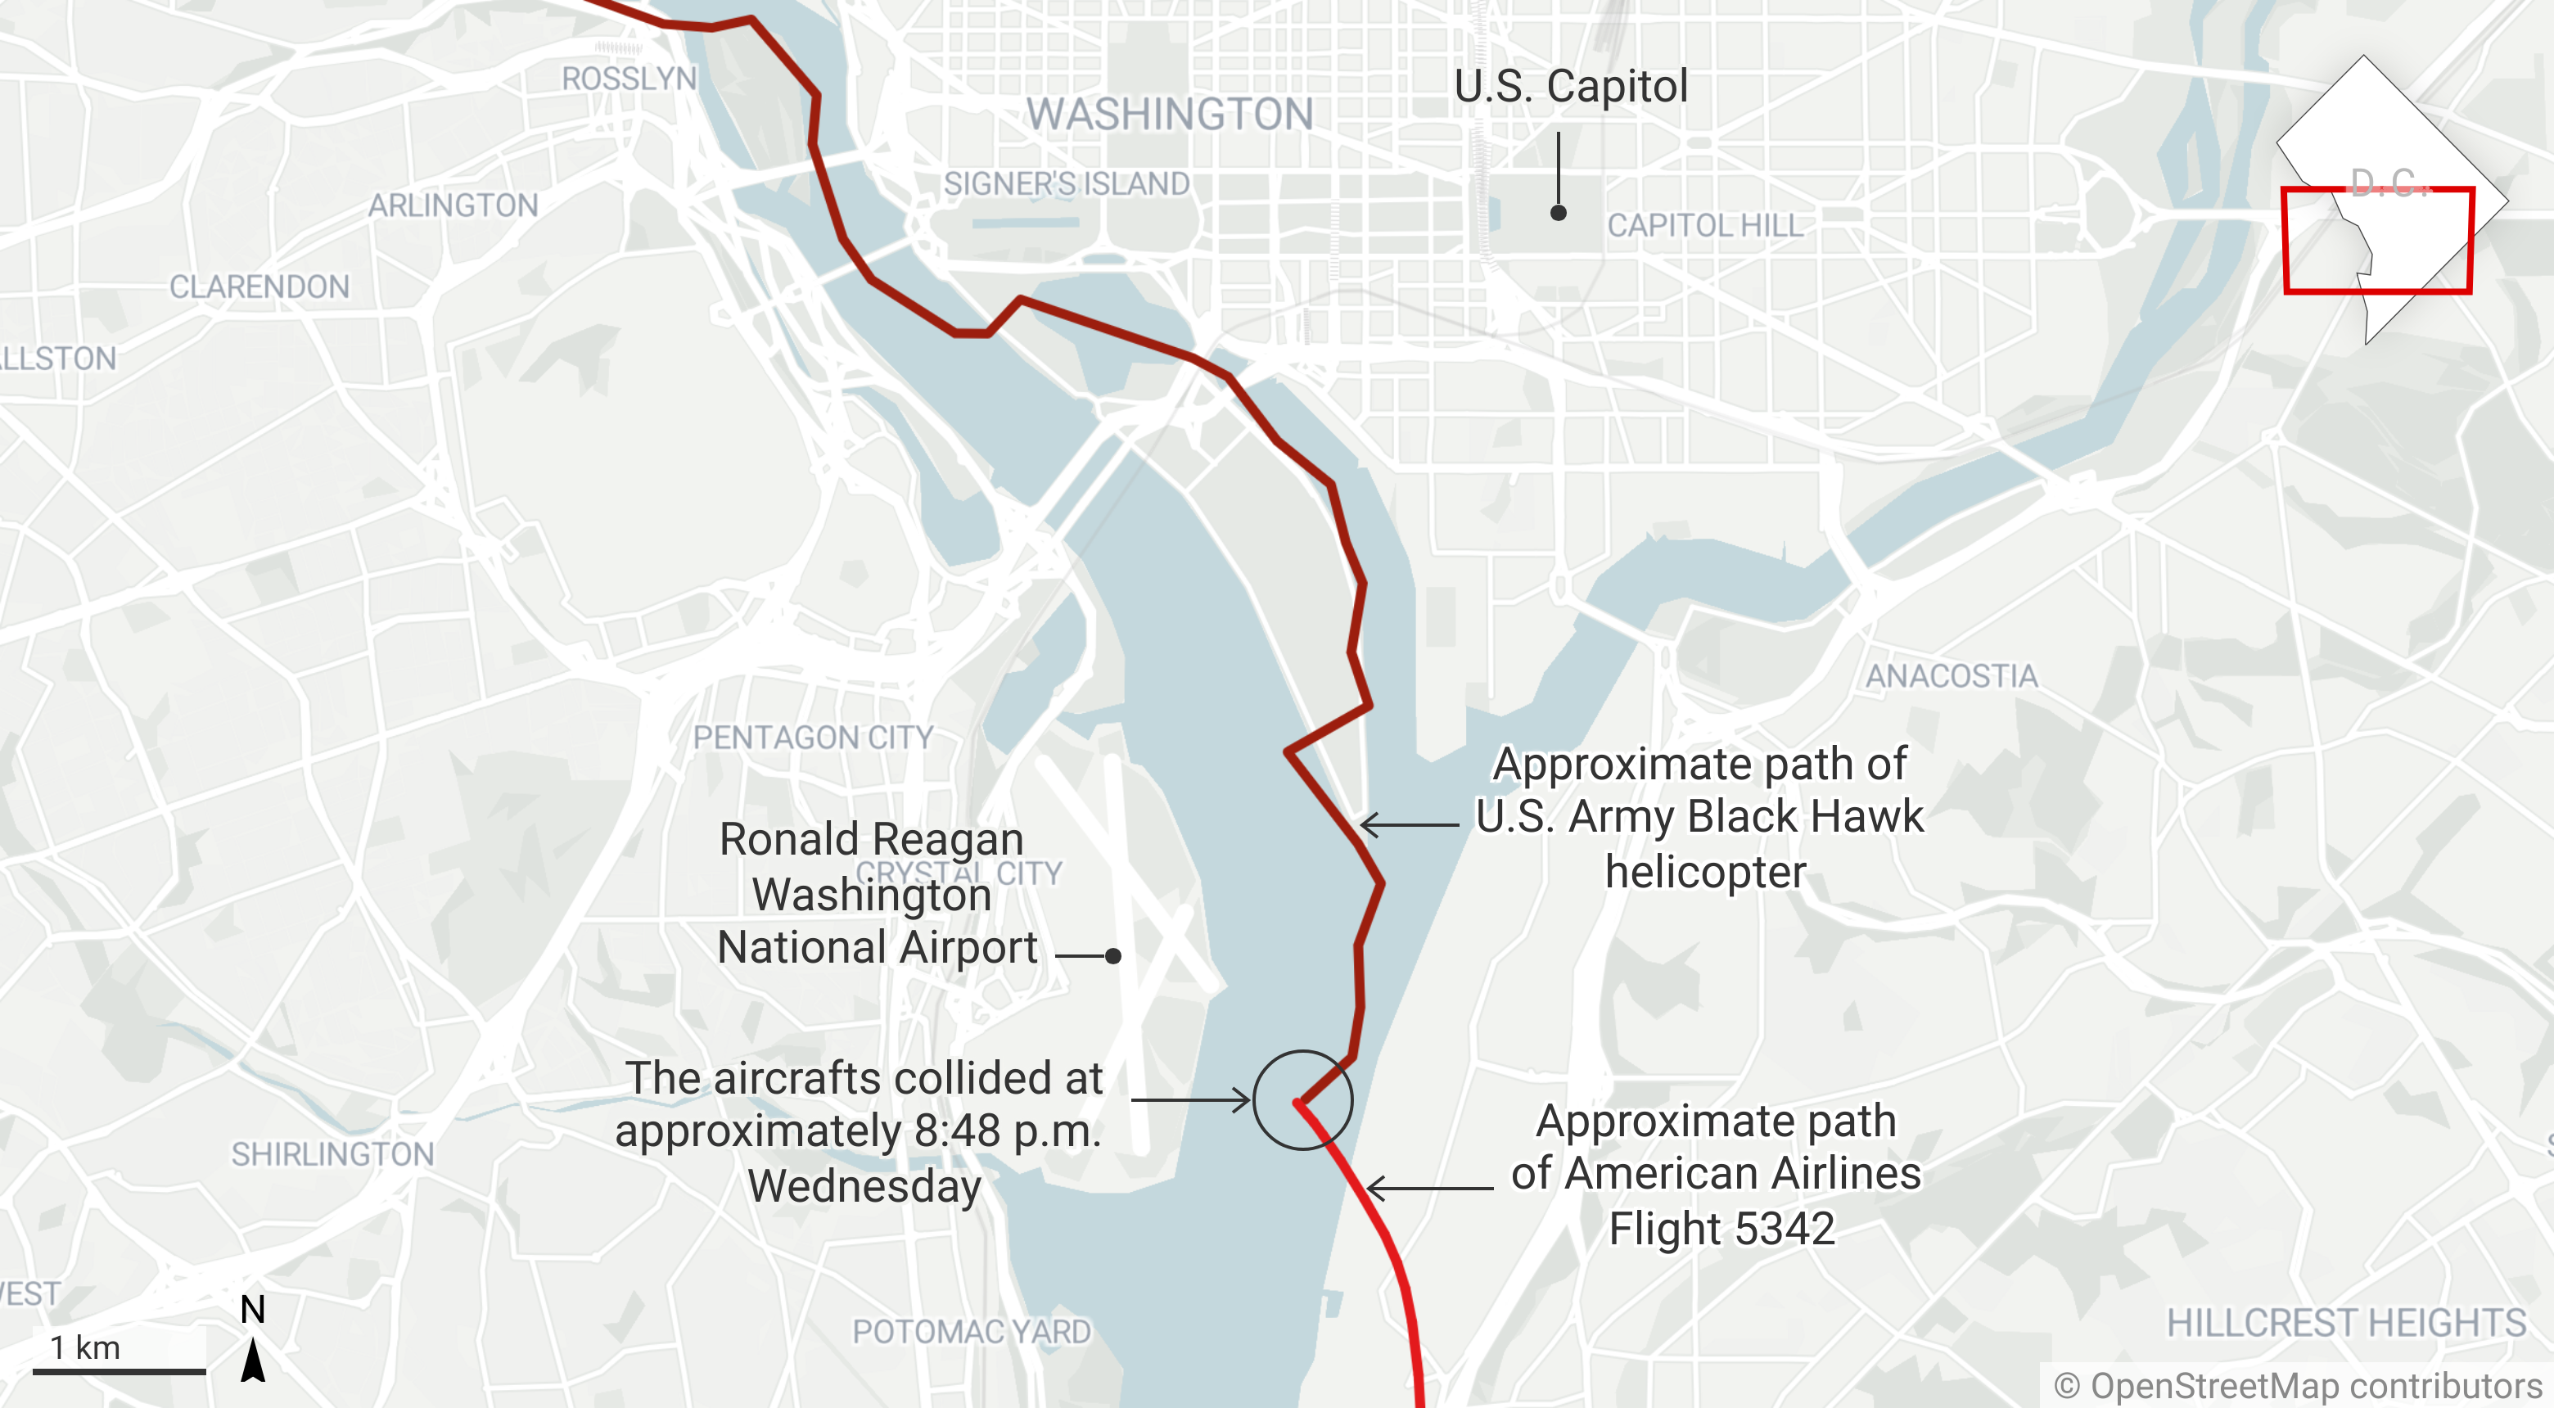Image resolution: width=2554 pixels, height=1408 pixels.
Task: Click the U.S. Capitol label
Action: coord(1571,88)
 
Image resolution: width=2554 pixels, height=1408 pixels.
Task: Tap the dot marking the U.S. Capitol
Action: coord(1559,213)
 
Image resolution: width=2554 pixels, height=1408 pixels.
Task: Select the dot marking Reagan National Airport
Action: coord(1113,956)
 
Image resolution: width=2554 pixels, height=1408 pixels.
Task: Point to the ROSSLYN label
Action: coord(629,79)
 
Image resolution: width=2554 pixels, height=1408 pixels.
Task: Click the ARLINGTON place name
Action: coord(453,205)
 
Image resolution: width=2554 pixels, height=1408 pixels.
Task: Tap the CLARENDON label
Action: coord(259,287)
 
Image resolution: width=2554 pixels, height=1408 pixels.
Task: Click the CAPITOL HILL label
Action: coord(1704,226)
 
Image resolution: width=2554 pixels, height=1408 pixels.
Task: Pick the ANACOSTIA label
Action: coord(1952,676)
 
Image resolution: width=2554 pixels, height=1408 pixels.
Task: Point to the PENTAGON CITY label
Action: coord(813,738)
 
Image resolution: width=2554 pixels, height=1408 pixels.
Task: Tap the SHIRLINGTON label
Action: coord(333,1154)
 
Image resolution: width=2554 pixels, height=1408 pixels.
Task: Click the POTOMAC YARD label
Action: coord(972,1332)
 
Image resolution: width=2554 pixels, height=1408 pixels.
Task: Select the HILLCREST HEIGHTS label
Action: coord(2346,1323)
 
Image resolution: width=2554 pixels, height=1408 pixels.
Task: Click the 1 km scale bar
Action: coord(119,1371)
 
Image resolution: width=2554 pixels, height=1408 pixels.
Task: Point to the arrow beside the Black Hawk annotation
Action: coord(1409,825)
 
